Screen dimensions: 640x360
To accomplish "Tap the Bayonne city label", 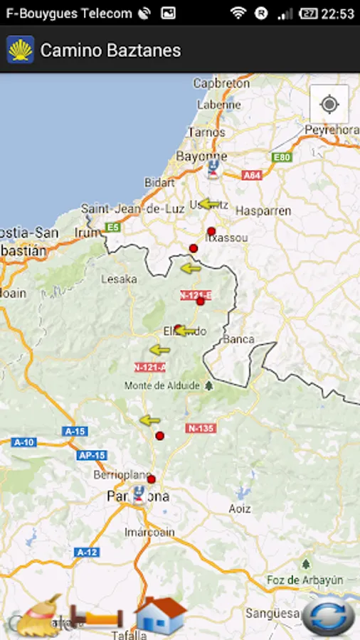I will click(201, 156).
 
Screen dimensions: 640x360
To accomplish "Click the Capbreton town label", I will click(221, 83).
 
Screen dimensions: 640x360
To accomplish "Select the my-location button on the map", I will click(329, 105).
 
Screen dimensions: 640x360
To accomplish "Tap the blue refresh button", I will click(328, 616).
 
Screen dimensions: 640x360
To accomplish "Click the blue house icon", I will click(160, 615).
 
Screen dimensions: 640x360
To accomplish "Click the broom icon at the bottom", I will click(40, 615).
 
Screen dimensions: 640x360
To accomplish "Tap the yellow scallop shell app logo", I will click(21, 50).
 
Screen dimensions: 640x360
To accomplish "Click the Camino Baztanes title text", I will click(110, 50).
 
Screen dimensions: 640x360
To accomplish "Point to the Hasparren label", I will click(263, 211).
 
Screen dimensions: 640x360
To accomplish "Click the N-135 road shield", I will click(201, 428).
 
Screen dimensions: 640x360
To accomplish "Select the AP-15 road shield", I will click(92, 455).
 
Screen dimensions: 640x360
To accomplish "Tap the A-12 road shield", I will click(86, 552).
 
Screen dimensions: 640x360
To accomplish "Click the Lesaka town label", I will click(119, 279).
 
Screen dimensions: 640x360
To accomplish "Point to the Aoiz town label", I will click(240, 508).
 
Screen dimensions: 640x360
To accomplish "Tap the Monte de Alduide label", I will click(162, 385).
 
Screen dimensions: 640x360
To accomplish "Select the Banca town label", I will click(238, 339).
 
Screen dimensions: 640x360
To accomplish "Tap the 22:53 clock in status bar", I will click(337, 14).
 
